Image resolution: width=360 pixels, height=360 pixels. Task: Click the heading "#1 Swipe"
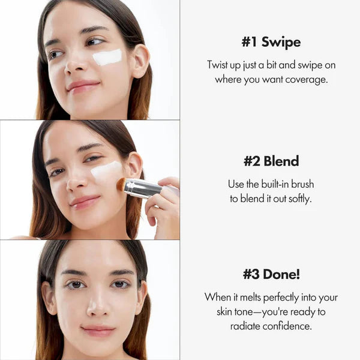(x=271, y=43)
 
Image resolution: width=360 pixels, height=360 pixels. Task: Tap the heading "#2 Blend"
(x=271, y=161)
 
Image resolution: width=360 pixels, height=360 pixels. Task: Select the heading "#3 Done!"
(x=271, y=274)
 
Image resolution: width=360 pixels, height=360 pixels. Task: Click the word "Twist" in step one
(x=219, y=65)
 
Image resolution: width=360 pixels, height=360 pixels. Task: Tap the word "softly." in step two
(x=298, y=198)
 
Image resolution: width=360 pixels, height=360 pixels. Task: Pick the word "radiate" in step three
(x=246, y=326)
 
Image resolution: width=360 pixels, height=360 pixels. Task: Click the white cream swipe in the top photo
(x=107, y=58)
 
